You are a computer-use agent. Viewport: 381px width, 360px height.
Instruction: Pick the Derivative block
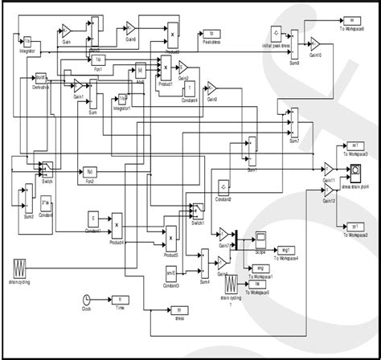click(40, 79)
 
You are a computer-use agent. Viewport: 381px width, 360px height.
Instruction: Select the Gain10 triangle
click(316, 43)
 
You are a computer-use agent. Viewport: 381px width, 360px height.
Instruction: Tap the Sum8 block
click(295, 45)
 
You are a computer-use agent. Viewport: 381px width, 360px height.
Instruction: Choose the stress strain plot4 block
click(354, 171)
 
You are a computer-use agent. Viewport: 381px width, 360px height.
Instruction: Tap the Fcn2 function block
click(90, 171)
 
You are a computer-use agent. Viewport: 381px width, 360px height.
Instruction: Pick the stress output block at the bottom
click(181, 310)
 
